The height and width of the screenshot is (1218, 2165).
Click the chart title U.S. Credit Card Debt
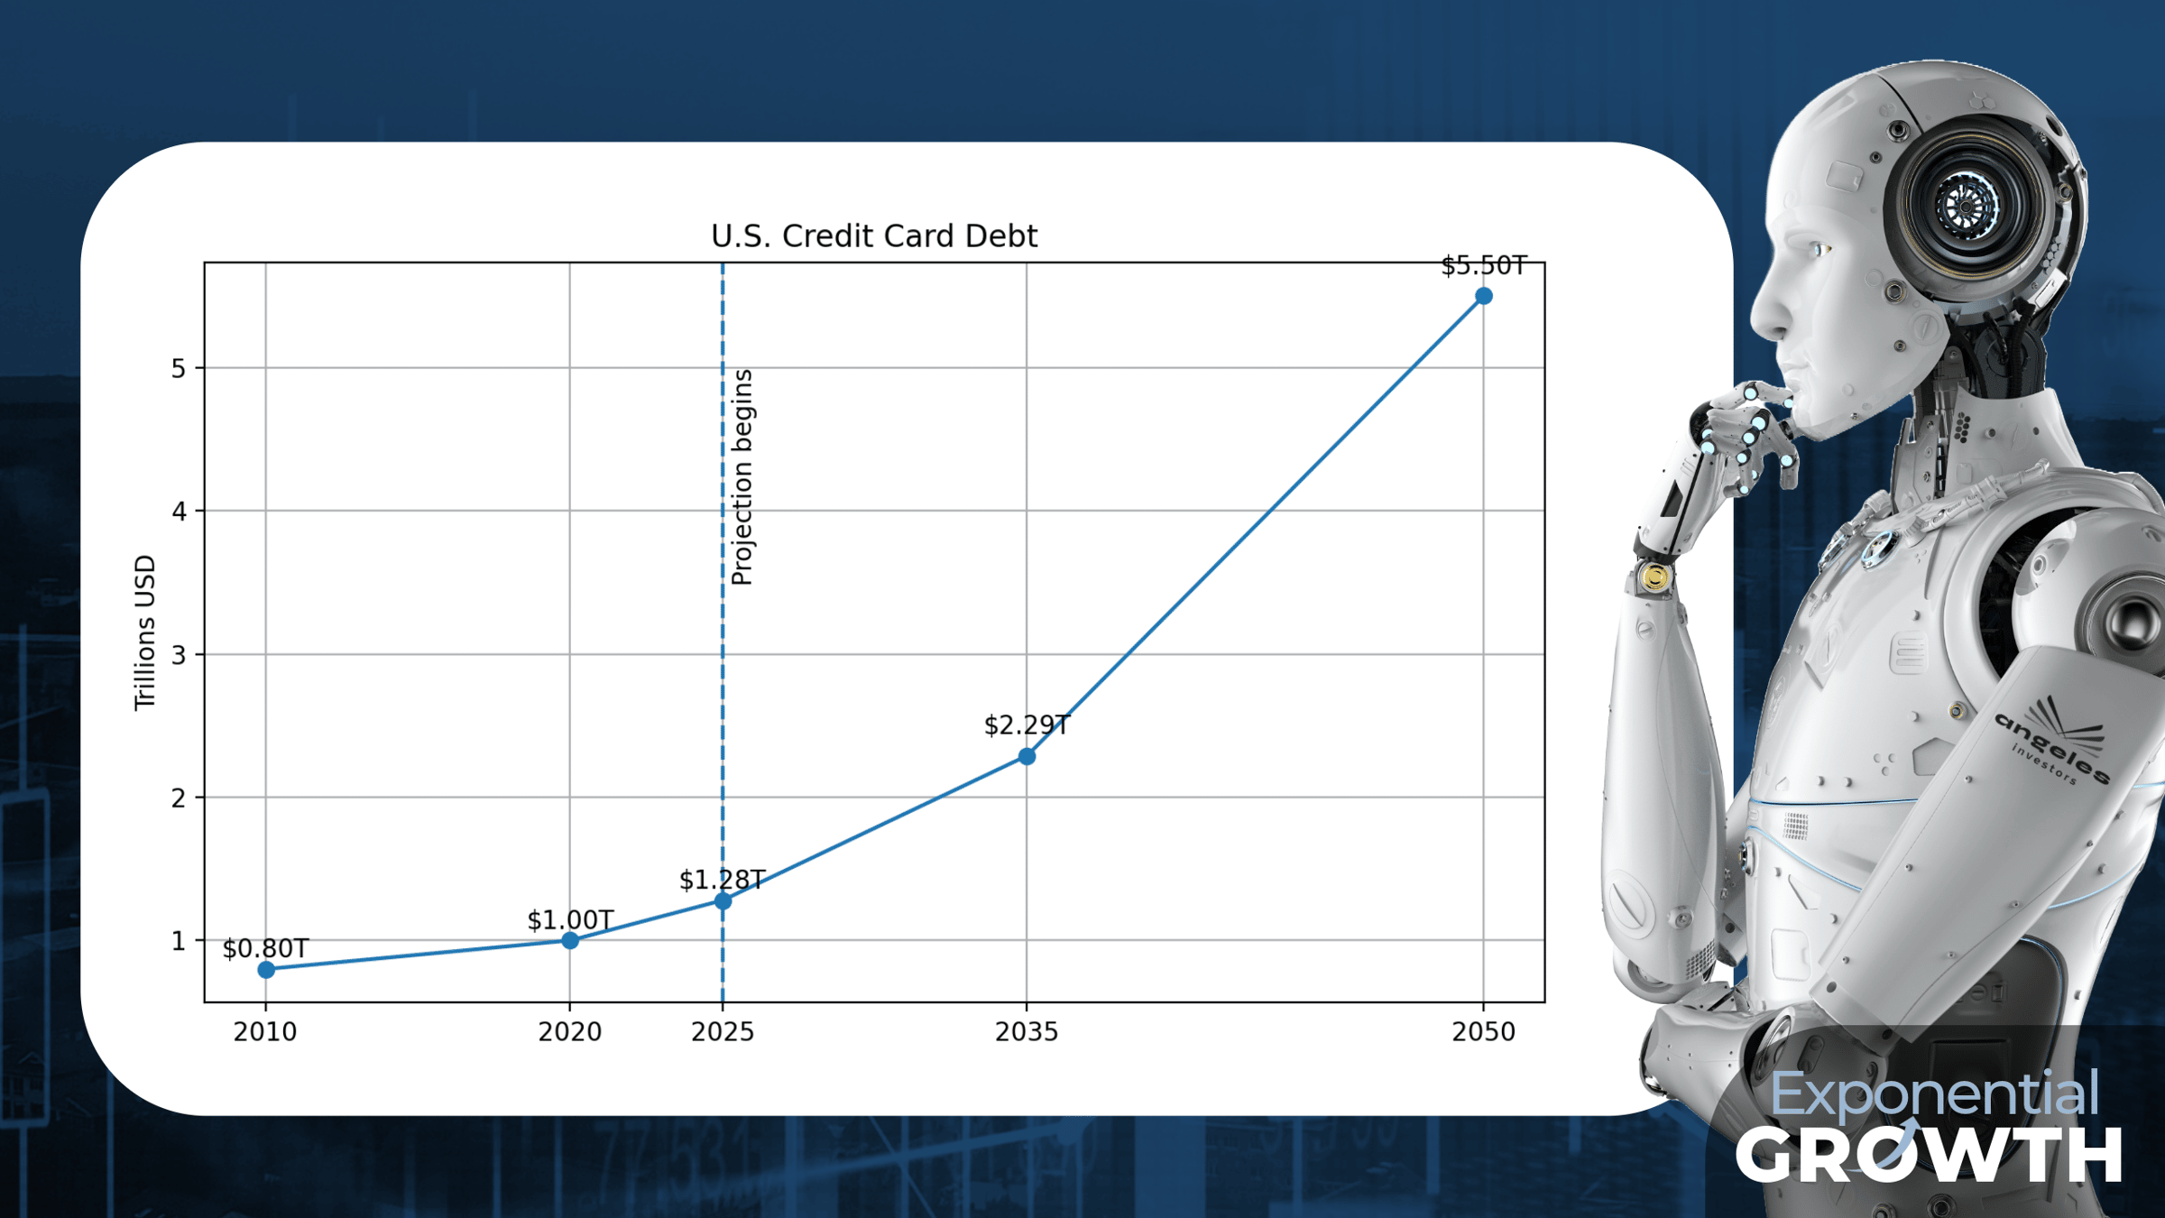click(x=874, y=236)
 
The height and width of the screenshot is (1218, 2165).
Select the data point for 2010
click(x=266, y=970)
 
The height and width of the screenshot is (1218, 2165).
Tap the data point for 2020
click(x=570, y=940)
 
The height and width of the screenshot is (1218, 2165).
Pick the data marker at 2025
click(x=723, y=900)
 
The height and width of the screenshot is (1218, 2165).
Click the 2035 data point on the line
click(x=1027, y=756)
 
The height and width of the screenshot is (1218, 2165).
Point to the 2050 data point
click(x=1484, y=296)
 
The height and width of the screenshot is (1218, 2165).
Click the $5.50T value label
click(x=1484, y=265)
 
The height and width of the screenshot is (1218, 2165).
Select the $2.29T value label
click(x=1027, y=724)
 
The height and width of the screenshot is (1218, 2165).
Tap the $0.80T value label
click(x=266, y=948)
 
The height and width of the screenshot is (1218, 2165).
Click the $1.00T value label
click(x=570, y=920)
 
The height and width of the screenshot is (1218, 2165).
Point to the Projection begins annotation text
click(x=742, y=477)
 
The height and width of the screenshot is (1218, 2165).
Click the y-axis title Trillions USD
click(x=145, y=632)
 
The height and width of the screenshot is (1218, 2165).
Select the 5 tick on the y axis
click(x=179, y=368)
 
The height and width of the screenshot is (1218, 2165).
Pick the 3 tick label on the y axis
click(x=179, y=655)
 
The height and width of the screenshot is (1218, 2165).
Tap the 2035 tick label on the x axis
click(x=1027, y=1031)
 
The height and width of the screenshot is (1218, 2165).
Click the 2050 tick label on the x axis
click(x=1484, y=1031)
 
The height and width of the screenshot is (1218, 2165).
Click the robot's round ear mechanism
click(x=1967, y=206)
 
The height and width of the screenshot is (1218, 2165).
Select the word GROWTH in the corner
click(x=1929, y=1154)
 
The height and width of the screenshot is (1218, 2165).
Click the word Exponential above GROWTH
click(x=1934, y=1093)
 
